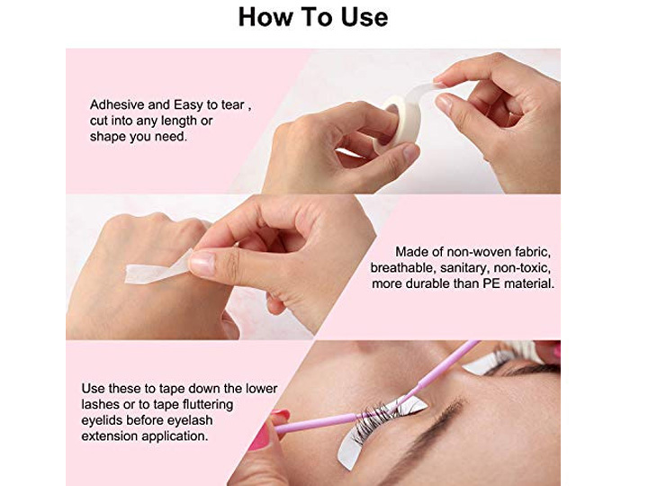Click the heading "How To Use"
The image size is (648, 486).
coord(313,17)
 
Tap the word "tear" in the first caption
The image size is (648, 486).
coord(232,105)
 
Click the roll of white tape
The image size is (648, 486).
coord(398,122)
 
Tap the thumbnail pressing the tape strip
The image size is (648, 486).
coord(202,263)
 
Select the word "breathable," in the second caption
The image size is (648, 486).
coord(403,268)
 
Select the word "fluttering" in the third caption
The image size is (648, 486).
coord(208,405)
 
